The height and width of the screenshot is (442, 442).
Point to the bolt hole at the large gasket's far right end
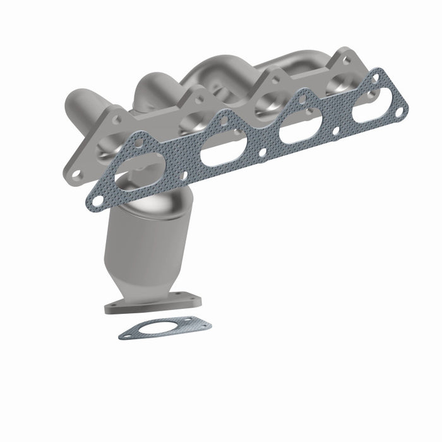tap(399, 112)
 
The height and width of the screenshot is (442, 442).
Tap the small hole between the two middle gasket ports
tap(262, 152)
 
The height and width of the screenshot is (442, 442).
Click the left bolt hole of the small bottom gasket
tap(128, 335)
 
